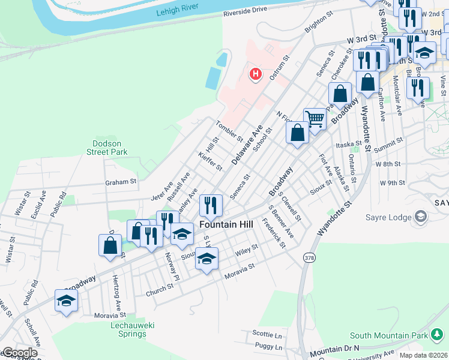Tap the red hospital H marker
pos(256,74)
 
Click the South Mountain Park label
pos(388,335)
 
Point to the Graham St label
pos(121,181)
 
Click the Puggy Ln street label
pos(268,346)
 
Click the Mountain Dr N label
pos(334,349)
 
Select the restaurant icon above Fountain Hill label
pos(211,206)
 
